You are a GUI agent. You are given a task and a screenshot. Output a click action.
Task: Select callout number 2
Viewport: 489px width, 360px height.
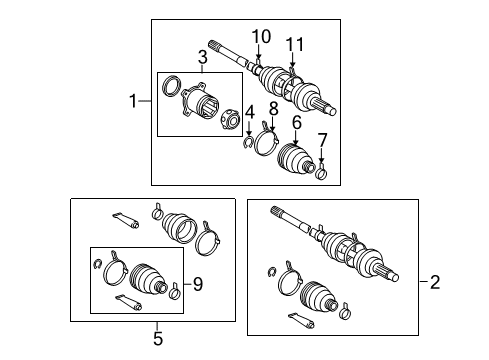pyautogui.click(x=434, y=283)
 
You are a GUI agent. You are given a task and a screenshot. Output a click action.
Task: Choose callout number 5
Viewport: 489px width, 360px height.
pyautogui.click(x=157, y=339)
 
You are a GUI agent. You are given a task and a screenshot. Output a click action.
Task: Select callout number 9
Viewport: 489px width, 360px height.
pyautogui.click(x=198, y=283)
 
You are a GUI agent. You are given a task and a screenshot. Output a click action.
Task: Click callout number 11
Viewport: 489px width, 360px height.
pyautogui.click(x=293, y=43)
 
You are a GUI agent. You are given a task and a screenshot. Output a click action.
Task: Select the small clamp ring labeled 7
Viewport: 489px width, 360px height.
pyautogui.click(x=323, y=175)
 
